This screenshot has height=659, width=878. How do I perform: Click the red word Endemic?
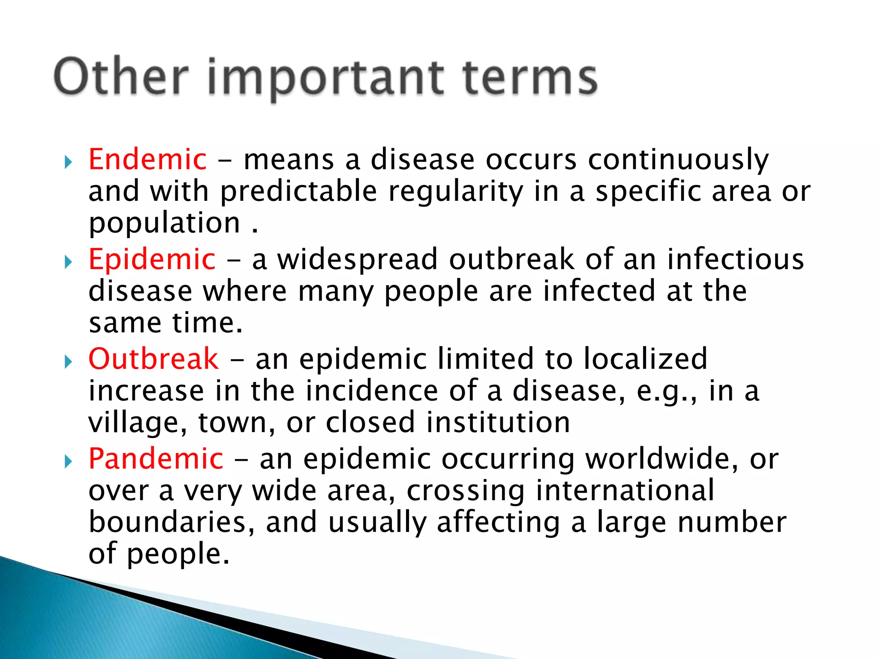[147, 160]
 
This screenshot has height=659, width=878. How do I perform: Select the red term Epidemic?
[152, 260]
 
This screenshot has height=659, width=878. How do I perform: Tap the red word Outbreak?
[153, 359]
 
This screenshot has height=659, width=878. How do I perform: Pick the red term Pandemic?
[156, 459]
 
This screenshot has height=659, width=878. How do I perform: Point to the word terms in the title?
[530, 77]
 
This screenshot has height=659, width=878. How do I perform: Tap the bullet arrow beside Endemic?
[68, 162]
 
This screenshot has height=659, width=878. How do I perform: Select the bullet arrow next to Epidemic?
[68, 262]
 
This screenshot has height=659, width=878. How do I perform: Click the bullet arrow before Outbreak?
[68, 362]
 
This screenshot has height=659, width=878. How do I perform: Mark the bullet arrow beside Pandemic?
[68, 462]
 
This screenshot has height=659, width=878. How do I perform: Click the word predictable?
[298, 192]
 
